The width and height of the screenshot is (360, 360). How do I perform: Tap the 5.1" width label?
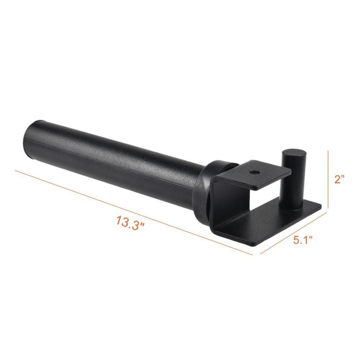tap(302, 240)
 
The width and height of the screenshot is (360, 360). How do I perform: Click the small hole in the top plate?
tap(255, 172)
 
